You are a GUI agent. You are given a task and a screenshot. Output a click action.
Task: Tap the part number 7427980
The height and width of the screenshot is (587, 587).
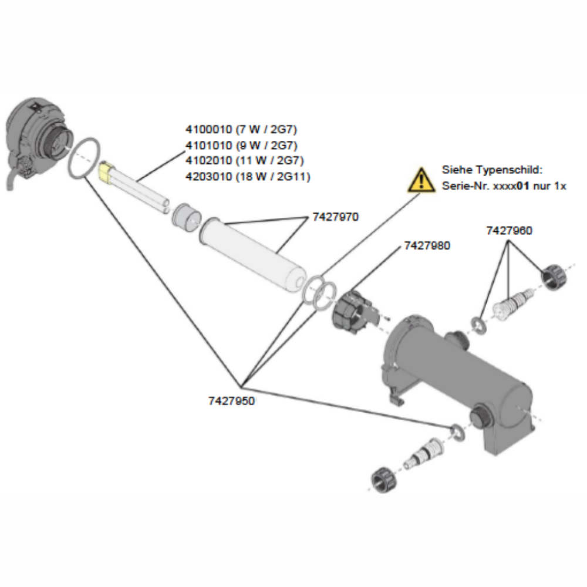click(427, 246)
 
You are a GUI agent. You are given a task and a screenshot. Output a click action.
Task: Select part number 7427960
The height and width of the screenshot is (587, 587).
click(509, 231)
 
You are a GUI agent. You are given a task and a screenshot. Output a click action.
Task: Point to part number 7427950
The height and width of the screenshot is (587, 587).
click(231, 401)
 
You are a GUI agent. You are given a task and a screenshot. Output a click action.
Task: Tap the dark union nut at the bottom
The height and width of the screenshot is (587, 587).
click(383, 480)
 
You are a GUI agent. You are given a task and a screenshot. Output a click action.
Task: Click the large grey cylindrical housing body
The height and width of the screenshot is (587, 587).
click(458, 376)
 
